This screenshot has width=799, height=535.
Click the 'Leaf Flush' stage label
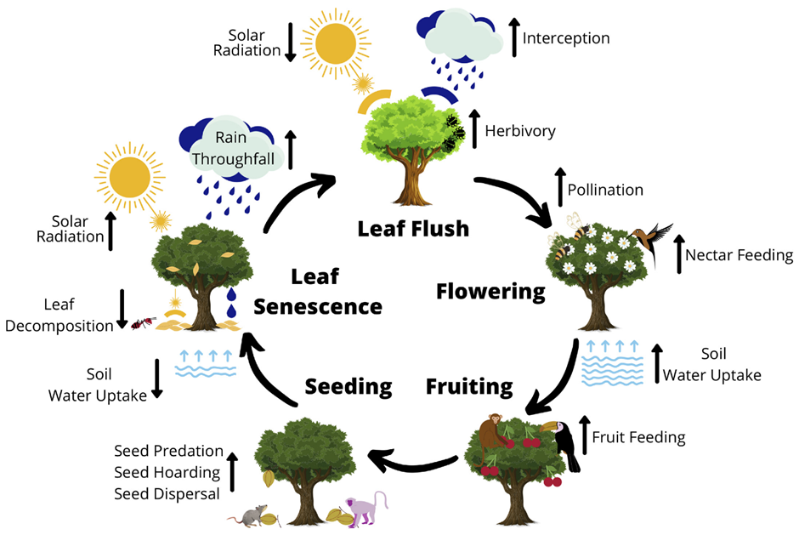pos(413,229)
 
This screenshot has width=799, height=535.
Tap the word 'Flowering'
pos(490,292)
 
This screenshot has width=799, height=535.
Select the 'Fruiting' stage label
pos(469,387)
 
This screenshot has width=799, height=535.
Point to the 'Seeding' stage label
pos(348,387)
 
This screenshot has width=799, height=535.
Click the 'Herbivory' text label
pos(519,131)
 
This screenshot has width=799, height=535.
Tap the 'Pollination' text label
pos(605,190)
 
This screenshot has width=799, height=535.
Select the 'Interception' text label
pos(565,38)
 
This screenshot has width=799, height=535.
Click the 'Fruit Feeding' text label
pos(638,438)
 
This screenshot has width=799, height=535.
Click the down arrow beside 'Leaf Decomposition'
pos(122,309)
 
